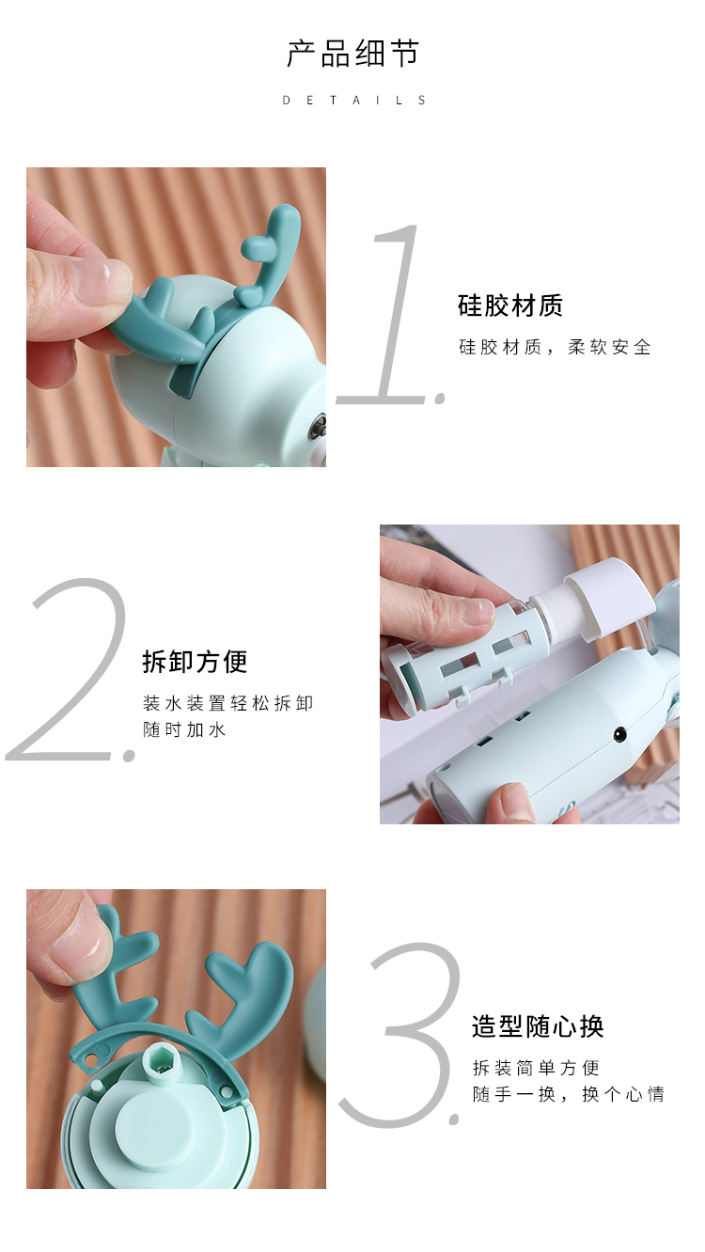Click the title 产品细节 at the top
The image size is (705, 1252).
(x=352, y=54)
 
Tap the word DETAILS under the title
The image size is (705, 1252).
(x=354, y=101)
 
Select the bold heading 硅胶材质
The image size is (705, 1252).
(x=510, y=305)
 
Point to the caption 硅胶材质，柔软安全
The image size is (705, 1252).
(x=555, y=348)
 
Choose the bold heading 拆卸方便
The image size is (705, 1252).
(x=195, y=662)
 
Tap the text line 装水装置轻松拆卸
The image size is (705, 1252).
(x=227, y=703)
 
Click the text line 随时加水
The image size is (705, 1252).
(x=184, y=729)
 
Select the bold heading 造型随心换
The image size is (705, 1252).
(x=538, y=1025)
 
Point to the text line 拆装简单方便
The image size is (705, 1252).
(x=536, y=1068)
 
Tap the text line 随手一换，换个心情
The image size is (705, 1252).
(x=569, y=1094)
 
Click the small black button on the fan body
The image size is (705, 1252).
(x=620, y=734)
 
